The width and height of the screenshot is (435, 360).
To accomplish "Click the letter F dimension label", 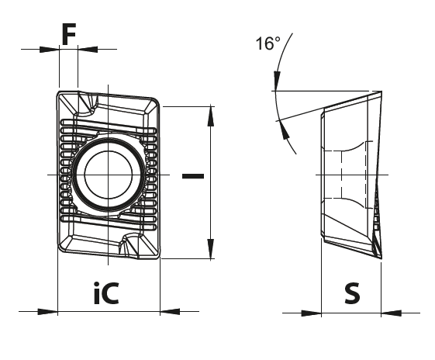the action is pos(68,34).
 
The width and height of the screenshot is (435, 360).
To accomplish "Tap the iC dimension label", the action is pos(106,292).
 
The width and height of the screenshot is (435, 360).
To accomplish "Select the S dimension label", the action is pos(352,293).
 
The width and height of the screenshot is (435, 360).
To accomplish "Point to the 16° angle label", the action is pos(268,43).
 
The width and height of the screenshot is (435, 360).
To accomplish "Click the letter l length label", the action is pos(193,176).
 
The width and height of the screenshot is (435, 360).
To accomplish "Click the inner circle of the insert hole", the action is pos(109,175).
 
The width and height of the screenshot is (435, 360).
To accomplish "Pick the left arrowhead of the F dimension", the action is pos(50,50).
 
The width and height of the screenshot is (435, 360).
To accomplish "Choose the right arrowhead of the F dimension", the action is pos(88,49).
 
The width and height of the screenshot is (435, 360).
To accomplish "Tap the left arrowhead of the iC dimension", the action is pos(47,311).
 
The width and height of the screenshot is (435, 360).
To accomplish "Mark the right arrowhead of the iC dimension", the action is pos(170,311).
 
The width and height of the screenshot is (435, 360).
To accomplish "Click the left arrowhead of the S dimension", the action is pos(311,313).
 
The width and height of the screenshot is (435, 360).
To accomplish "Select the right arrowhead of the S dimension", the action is pos(391,313).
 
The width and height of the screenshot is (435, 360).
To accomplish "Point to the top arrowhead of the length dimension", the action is pos(211,116).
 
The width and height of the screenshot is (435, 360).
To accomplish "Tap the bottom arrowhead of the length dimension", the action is pos(211,249).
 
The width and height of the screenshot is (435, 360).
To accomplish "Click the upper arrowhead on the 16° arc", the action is pos(277,81).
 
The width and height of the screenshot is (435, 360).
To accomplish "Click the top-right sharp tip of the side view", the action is pos(381,91).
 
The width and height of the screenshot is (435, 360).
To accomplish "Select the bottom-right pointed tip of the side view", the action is pos(381,258).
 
